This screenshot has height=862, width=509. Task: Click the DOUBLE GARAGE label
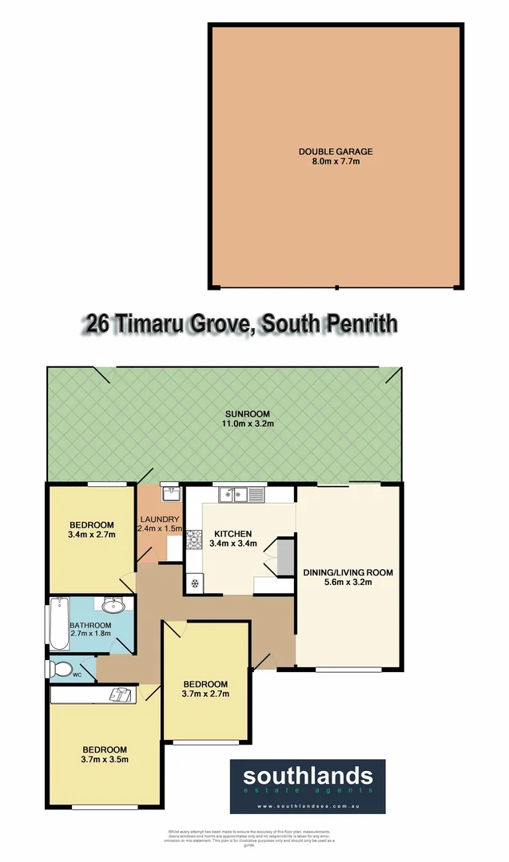[x=336, y=151]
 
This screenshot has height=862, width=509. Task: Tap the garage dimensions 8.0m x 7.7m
[x=336, y=161]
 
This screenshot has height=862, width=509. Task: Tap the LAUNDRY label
[x=160, y=518]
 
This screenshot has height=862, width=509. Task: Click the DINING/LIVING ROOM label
[x=348, y=572]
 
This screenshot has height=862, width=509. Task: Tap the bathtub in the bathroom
[x=60, y=623]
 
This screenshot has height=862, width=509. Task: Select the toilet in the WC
[x=62, y=669]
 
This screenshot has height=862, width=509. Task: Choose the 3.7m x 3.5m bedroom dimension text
[x=105, y=759]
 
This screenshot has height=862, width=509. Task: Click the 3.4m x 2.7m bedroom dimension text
[x=91, y=534]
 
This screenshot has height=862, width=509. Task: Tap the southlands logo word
[x=308, y=776]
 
